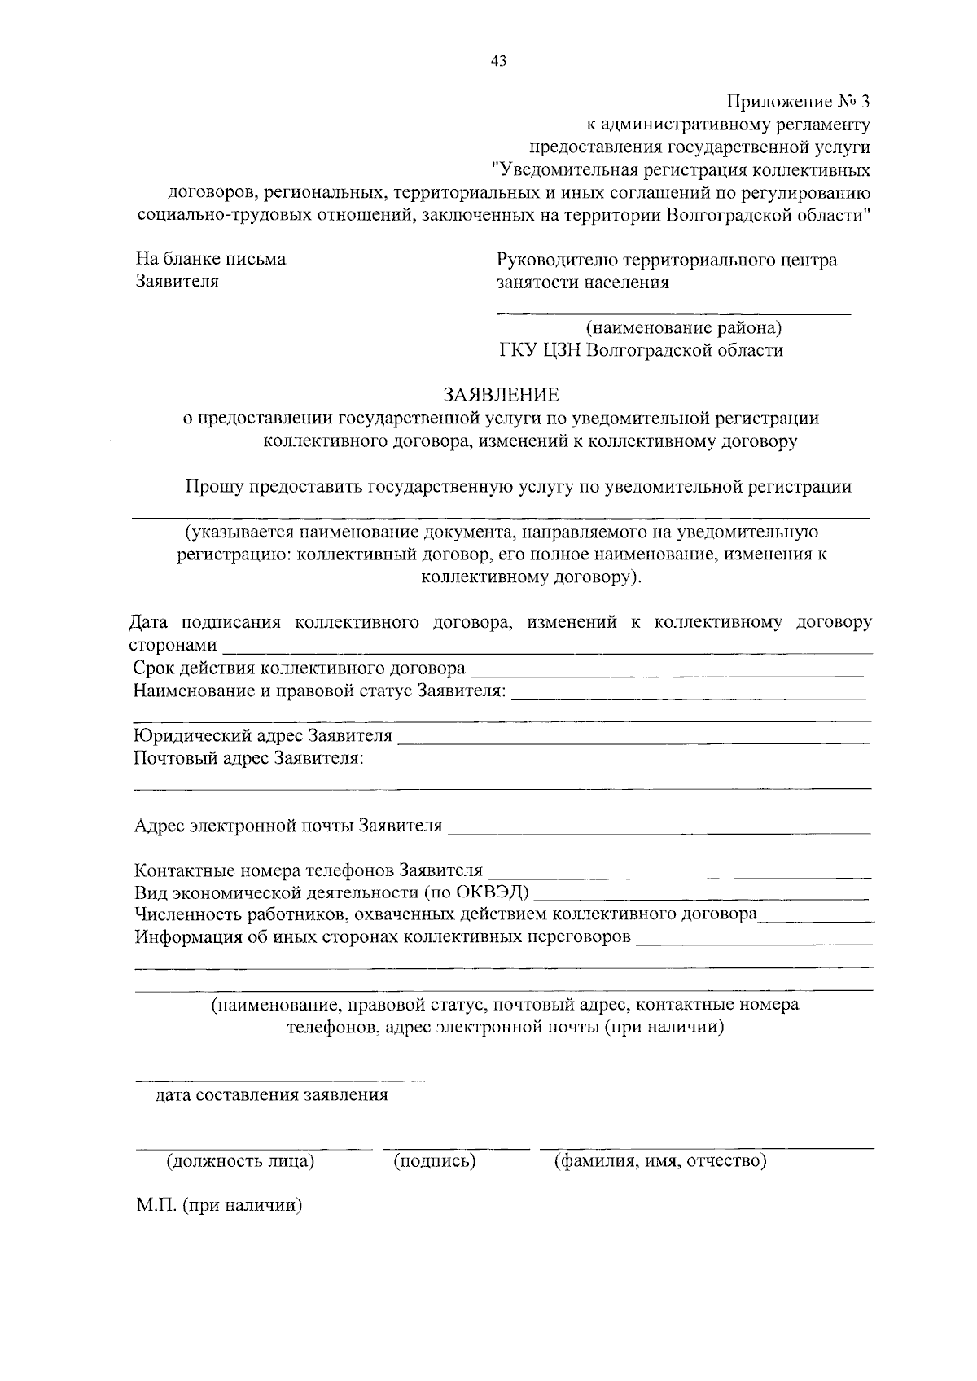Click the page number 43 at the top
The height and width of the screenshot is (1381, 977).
pyautogui.click(x=498, y=60)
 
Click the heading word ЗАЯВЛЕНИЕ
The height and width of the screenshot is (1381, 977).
pyautogui.click(x=501, y=396)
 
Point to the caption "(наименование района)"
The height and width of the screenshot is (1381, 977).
pyautogui.click(x=684, y=328)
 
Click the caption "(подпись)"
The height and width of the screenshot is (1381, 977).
pyautogui.click(x=434, y=1161)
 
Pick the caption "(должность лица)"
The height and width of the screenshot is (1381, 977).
pyautogui.click(x=240, y=1161)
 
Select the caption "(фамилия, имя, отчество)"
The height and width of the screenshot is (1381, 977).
pyautogui.click(x=659, y=1161)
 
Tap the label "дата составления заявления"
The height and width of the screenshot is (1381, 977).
pyautogui.click(x=272, y=1095)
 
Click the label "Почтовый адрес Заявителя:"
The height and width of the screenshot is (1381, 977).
pyautogui.click(x=248, y=759)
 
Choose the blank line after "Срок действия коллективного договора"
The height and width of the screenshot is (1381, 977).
pyautogui.click(x=668, y=674)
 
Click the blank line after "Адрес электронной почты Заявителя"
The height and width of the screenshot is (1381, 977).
pyautogui.click(x=659, y=832)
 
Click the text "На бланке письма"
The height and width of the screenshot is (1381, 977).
pyautogui.click(x=210, y=260)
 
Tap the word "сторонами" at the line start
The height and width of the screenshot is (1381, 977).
pyautogui.click(x=173, y=646)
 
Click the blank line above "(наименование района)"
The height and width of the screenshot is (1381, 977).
pyautogui.click(x=673, y=312)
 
